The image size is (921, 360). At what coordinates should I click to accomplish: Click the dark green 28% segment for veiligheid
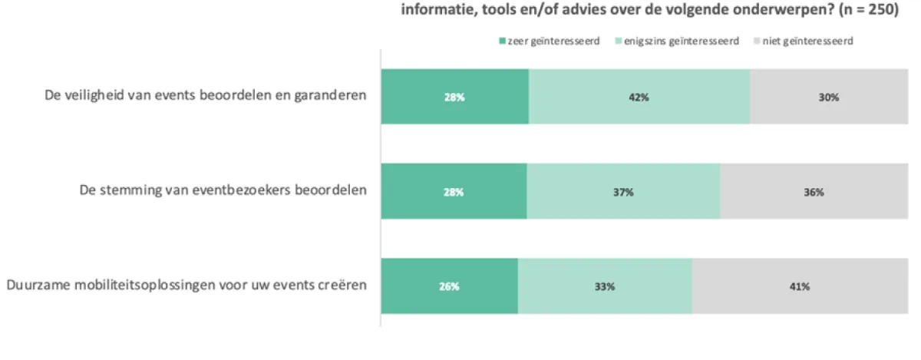coord(454,97)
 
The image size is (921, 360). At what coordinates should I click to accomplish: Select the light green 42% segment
coord(639,97)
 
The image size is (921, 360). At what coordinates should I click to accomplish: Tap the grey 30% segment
coord(828,97)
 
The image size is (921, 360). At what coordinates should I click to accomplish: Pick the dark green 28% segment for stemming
coord(454,192)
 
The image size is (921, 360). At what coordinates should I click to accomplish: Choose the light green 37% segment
coord(623,192)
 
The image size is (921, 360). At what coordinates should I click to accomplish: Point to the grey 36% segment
coord(814,192)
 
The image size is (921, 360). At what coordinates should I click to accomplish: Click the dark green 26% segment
coord(449,286)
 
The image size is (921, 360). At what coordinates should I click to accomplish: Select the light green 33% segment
coord(605,286)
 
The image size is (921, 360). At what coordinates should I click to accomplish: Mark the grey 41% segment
coord(799,286)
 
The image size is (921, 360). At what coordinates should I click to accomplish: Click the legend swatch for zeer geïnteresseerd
coord(503,41)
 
